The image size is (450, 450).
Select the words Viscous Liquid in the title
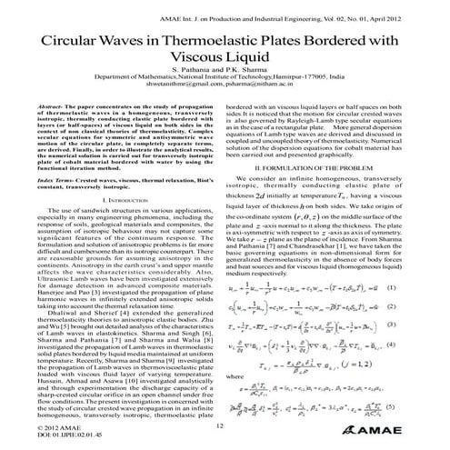pos(225,66)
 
